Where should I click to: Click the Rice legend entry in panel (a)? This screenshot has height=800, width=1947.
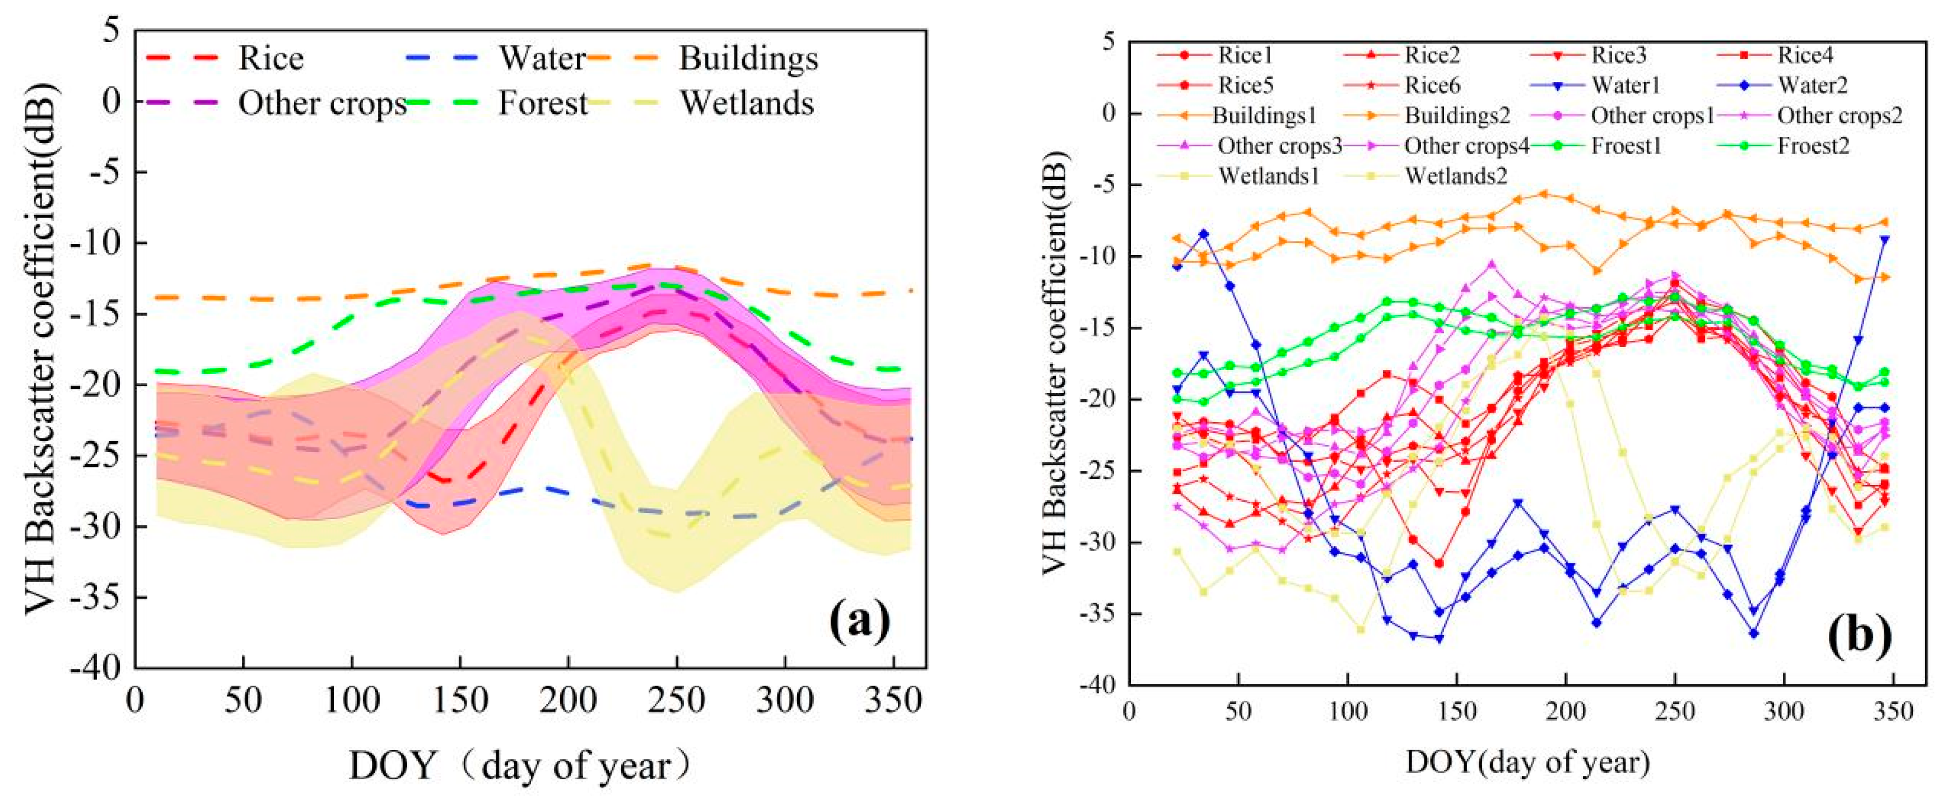click(x=271, y=59)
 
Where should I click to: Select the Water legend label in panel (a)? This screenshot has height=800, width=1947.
click(x=541, y=59)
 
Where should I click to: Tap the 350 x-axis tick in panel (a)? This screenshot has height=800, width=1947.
click(x=894, y=701)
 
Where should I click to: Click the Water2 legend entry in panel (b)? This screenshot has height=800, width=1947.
click(x=1811, y=85)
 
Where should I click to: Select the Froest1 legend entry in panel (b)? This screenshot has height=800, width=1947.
click(x=1626, y=145)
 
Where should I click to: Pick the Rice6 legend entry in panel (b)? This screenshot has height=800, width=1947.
click(x=1432, y=85)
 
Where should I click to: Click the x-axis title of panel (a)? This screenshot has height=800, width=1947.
click(x=520, y=765)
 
